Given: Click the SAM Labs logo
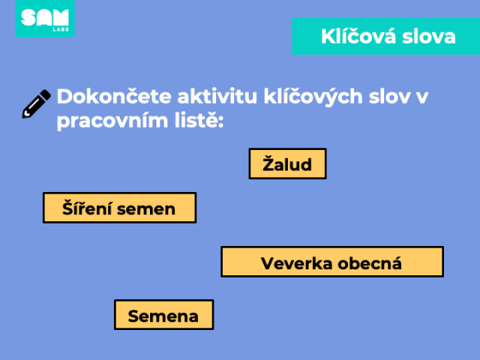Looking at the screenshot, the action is pos(45,18).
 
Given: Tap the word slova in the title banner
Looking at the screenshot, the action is pos(428,37).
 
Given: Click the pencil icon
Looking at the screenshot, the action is pos(36,103).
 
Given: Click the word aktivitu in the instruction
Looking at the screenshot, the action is pos(217,97).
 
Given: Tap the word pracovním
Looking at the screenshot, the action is pos(112,121).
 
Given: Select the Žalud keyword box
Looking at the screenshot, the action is pos(287,163).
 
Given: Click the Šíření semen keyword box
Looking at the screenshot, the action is pos(119,208).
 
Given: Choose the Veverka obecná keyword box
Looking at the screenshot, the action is pos(332,262).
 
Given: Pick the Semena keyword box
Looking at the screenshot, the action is pos(163,315).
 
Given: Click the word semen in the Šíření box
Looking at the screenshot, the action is pos(146,210).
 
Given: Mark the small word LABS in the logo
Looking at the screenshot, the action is pos(61,30).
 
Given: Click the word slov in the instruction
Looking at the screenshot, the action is pos(389,97).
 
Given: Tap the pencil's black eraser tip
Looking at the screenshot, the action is pos(45,94).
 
